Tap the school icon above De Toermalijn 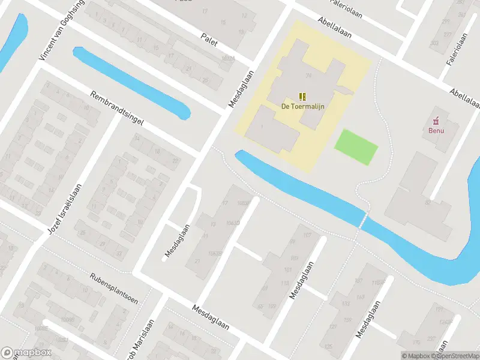point(302,96)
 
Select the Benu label point(436,130)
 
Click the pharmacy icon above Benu point(436,119)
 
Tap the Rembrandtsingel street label point(117,108)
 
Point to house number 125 point(328,347)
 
